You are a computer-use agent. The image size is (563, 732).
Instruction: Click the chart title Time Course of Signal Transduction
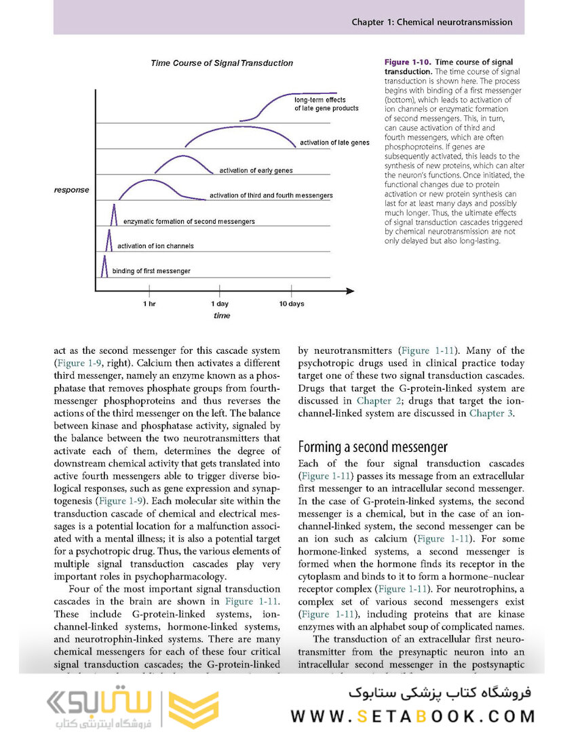pos(222,63)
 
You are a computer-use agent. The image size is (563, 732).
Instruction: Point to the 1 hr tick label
pos(149,304)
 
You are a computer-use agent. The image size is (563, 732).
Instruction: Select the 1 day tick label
pos(220,304)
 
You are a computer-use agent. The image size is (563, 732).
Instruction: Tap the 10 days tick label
pos(292,304)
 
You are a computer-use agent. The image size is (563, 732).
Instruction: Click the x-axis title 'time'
pos(221,316)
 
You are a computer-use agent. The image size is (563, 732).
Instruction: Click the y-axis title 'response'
pos(71,190)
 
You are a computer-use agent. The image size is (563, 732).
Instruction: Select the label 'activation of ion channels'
pos(155,246)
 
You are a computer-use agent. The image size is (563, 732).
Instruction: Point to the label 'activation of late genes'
pos(334,143)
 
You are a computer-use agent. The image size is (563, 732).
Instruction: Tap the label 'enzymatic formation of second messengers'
pos(189,222)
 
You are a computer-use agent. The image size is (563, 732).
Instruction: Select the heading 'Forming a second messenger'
pos(373,447)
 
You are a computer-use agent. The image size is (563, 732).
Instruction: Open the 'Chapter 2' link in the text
pos(374,401)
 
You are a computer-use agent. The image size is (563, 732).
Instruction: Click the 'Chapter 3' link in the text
pos(487,413)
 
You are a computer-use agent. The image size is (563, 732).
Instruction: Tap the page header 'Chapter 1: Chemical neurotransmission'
pos(431,22)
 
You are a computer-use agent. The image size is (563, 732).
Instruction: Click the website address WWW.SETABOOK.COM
pos(414,716)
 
